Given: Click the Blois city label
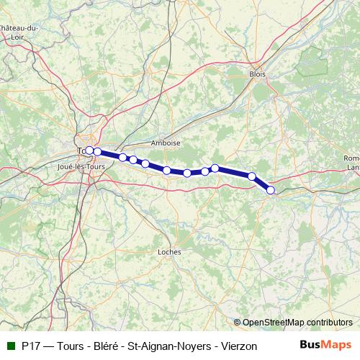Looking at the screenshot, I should (x=257, y=74).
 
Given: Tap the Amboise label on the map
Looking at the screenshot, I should (x=166, y=143).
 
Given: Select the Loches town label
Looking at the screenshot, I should (x=169, y=252).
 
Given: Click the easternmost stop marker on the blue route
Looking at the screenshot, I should (x=271, y=190).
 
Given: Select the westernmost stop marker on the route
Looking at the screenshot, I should (x=89, y=150).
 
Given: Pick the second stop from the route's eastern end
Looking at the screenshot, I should (x=252, y=176).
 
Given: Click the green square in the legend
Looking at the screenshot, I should (x=12, y=346).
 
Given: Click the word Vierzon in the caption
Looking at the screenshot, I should (x=239, y=346).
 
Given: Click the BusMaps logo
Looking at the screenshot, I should (x=325, y=345).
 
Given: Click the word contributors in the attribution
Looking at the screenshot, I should (x=331, y=323).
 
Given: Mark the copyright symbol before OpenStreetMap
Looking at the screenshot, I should (x=238, y=323).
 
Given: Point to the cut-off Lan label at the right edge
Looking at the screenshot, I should (x=354, y=167).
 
